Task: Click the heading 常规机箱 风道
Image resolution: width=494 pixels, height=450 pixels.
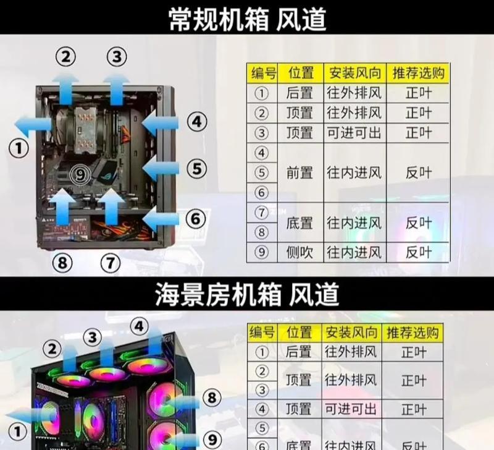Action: click(x=247, y=19)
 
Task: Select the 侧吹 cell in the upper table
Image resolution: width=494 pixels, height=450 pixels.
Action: click(x=300, y=252)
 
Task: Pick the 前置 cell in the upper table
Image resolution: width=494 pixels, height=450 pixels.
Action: click(x=300, y=173)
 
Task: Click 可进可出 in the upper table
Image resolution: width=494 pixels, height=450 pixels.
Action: click(x=354, y=133)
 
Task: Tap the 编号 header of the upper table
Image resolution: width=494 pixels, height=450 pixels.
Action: click(x=262, y=74)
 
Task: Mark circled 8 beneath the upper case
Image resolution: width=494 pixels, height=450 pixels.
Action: click(x=62, y=263)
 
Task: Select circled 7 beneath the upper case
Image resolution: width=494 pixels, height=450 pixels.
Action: click(x=110, y=263)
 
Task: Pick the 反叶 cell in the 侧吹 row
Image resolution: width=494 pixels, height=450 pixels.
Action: click(x=418, y=252)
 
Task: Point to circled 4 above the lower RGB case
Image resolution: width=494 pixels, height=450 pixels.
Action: click(x=140, y=326)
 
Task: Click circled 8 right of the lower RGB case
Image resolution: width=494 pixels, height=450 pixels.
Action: click(x=212, y=396)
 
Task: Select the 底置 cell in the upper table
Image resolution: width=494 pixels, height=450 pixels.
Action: click(x=300, y=223)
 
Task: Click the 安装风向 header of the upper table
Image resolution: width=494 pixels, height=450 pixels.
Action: click(x=354, y=74)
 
